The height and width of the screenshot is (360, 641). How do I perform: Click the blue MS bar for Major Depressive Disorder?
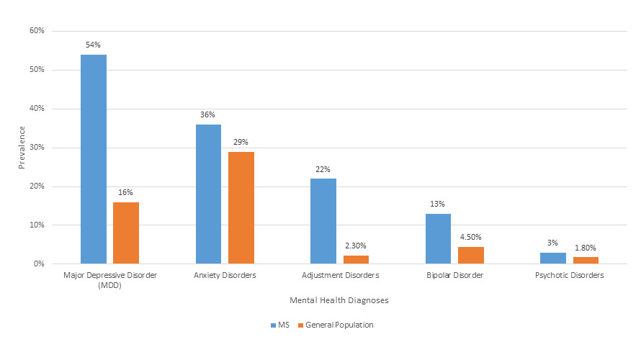[94, 159]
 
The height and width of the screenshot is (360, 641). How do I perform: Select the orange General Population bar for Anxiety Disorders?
[241, 207]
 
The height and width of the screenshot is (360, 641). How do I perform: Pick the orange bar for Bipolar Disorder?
[471, 256]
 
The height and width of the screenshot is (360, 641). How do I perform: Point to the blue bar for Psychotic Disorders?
[553, 258]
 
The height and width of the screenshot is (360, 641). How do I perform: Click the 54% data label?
[94, 45]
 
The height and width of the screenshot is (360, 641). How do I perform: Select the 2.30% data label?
[356, 246]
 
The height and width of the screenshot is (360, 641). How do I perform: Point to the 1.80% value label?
[586, 248]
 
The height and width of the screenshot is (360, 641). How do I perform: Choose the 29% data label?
[241, 142]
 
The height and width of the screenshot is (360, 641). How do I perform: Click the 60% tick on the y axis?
[37, 31]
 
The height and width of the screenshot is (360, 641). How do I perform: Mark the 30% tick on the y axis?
[37, 148]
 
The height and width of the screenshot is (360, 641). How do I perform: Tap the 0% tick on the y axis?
[39, 264]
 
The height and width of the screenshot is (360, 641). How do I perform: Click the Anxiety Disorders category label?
[225, 275]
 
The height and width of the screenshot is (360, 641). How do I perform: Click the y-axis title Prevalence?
[22, 148]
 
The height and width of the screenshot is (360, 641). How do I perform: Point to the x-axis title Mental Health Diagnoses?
[339, 299]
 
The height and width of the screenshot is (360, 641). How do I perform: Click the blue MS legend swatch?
[274, 325]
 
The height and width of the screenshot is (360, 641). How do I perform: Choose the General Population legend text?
[339, 325]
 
